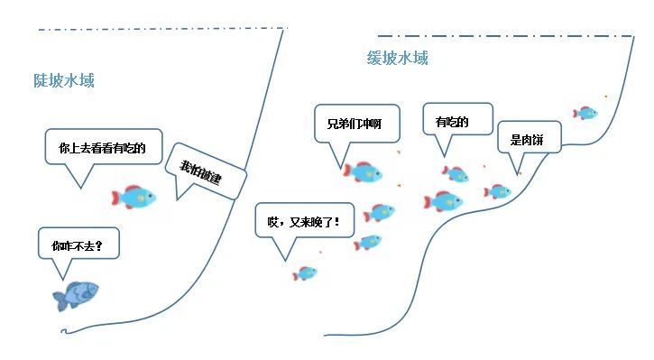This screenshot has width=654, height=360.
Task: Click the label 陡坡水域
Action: pos(64,80)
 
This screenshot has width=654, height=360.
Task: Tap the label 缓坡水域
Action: pos(397,59)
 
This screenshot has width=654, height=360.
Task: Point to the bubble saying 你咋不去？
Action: pos(78,245)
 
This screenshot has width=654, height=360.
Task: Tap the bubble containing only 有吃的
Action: pos(452,121)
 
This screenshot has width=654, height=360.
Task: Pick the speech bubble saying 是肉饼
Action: pos(530,140)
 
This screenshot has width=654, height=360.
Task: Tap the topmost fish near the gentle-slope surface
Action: pos(585,113)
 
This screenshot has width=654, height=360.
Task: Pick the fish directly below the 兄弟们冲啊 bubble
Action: pos(363,171)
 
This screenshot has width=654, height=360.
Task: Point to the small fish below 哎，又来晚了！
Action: pos(306,272)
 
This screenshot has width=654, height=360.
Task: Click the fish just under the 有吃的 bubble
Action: pos(456,174)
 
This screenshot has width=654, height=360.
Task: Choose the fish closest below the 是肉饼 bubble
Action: pos(498,191)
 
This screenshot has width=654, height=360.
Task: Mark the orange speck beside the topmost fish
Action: pos(605,97)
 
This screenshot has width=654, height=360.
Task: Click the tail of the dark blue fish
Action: pos(59,300)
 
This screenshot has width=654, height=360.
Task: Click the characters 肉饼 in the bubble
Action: pos(535,140)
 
